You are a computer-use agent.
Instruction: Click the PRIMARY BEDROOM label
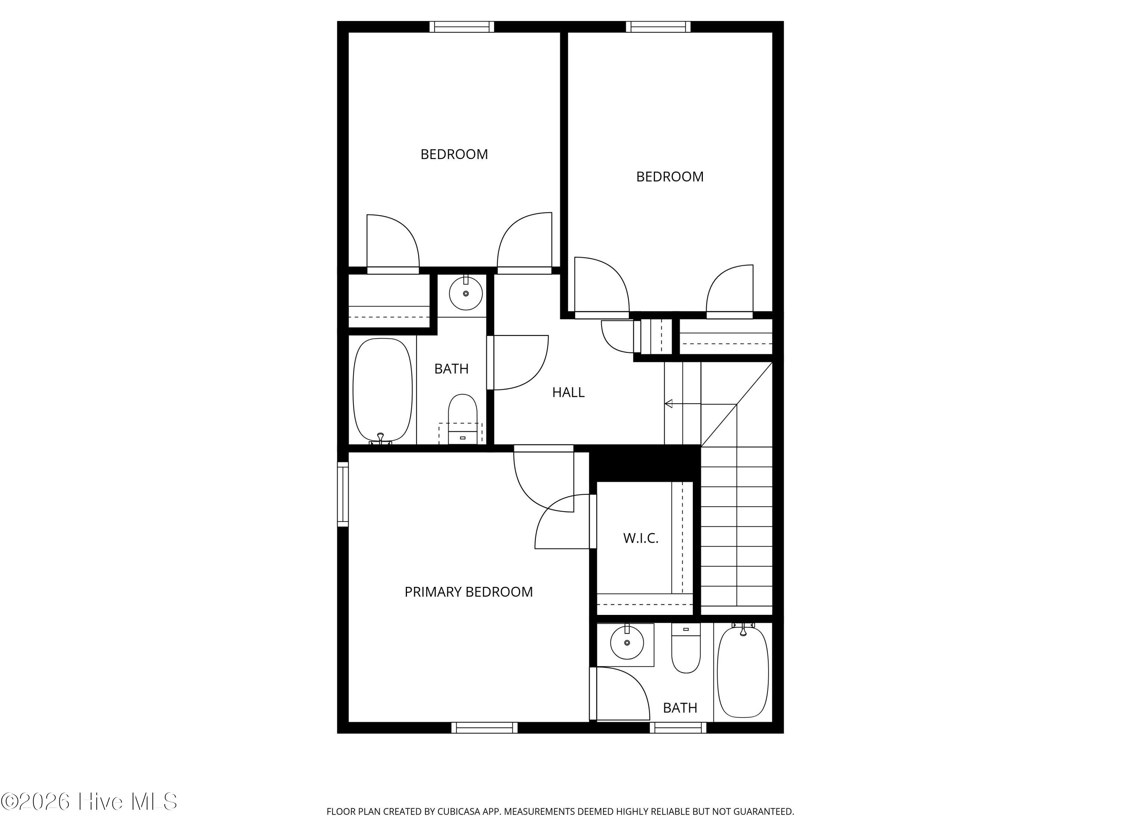[x=468, y=592]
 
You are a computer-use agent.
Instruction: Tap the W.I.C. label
[x=640, y=538]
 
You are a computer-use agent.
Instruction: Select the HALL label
[x=568, y=392]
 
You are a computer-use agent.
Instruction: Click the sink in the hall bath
[x=466, y=293]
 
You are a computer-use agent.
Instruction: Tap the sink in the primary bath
[x=627, y=643]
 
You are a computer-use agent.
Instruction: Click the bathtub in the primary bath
[x=743, y=671]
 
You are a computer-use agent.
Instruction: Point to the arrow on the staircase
[x=700, y=404]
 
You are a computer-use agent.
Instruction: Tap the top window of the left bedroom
[x=462, y=27]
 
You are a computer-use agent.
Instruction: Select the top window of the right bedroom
[x=658, y=27]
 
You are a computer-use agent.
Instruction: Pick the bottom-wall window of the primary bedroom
[x=485, y=728]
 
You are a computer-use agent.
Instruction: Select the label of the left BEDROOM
[x=454, y=154]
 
